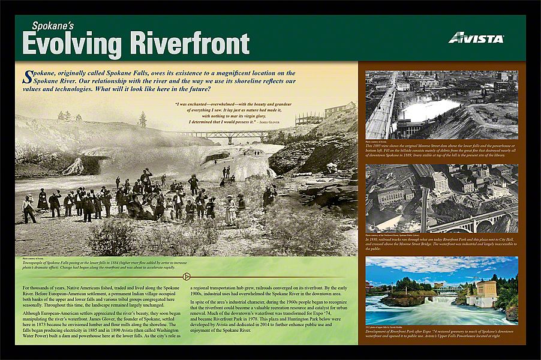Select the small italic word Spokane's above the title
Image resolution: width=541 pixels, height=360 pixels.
[x=52, y=26]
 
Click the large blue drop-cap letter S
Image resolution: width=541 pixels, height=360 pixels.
[x=26, y=76]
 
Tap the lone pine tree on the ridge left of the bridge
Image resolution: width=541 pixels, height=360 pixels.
[x=142, y=119]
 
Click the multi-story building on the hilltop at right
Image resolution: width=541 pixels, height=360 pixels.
[x=339, y=110]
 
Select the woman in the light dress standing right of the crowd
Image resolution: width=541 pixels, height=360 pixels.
[x=230, y=209]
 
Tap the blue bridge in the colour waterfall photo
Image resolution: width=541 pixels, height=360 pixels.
[x=446, y=289]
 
